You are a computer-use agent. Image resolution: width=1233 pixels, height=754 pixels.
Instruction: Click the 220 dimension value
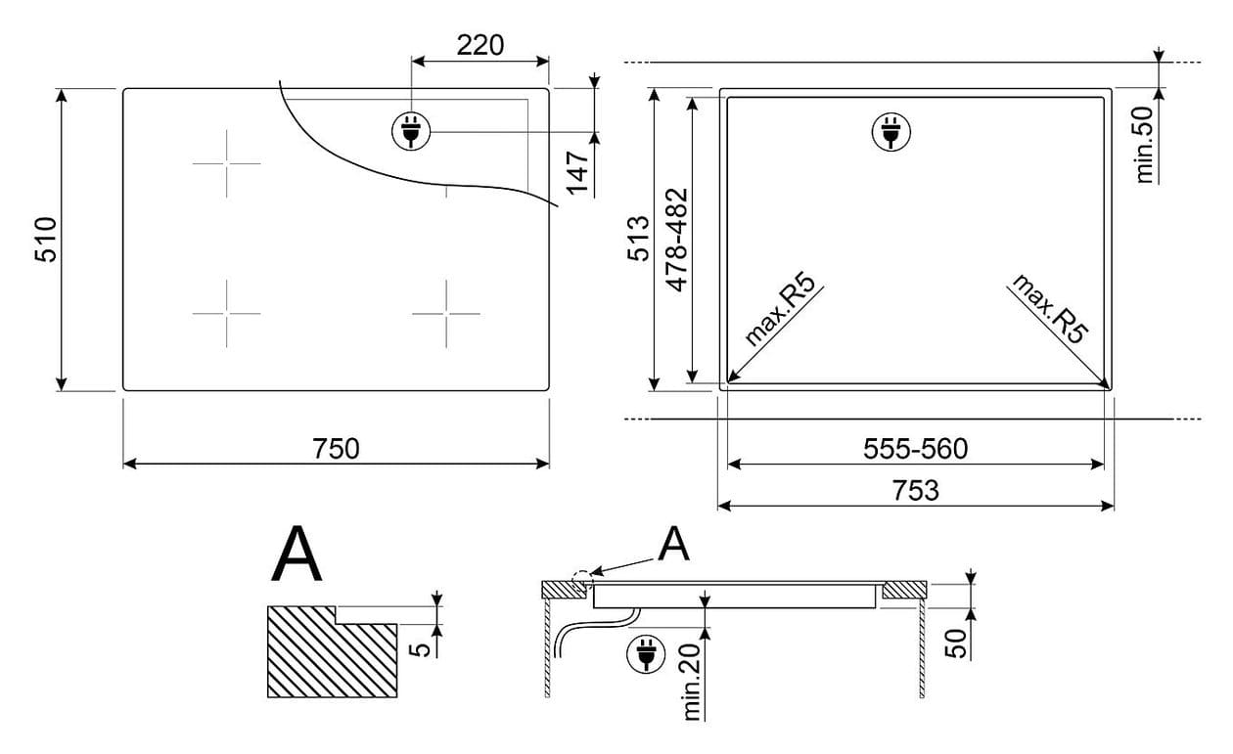point(479,46)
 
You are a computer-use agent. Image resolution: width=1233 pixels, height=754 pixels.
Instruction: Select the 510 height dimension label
point(46,240)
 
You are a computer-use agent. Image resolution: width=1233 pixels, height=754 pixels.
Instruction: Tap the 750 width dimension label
point(336,449)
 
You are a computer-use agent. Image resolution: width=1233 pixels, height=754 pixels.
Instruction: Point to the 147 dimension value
point(578,172)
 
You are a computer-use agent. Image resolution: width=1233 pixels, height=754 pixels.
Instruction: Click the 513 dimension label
point(639,239)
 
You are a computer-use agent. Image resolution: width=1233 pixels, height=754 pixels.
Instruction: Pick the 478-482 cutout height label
point(677,240)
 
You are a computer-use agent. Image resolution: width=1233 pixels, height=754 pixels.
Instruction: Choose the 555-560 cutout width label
point(915,449)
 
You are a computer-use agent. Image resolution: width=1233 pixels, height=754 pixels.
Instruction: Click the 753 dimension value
point(915,491)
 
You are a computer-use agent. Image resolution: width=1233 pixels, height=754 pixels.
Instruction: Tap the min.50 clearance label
point(1144,145)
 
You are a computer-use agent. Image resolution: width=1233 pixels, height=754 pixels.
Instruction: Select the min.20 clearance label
point(691,683)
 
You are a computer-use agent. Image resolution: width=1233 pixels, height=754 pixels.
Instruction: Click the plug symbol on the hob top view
point(411,132)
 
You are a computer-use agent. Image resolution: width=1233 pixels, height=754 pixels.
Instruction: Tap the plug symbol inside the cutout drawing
point(891,132)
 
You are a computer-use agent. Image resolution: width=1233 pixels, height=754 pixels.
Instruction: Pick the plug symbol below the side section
point(646,654)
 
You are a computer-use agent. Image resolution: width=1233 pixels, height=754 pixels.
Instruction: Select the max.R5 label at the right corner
point(1051,309)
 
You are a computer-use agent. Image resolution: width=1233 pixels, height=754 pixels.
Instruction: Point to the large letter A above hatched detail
point(297,554)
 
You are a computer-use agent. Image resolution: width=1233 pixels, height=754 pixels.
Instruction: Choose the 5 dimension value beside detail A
point(421,649)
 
